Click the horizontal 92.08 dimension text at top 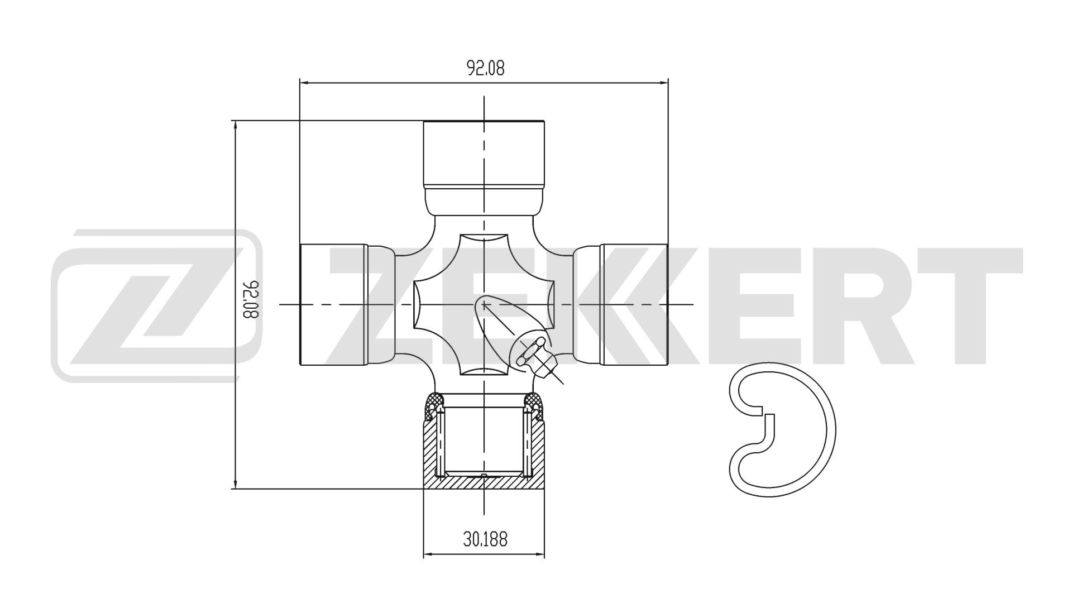pos(485,68)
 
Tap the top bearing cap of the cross pos(484,153)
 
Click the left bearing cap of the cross pos(334,304)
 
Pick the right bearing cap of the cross pos(634,304)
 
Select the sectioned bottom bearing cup pos(484,447)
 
